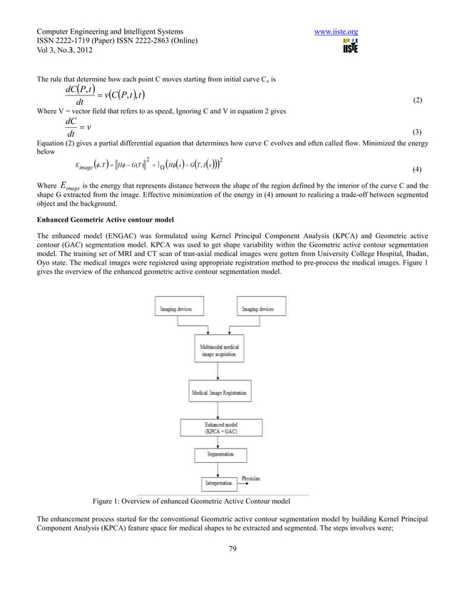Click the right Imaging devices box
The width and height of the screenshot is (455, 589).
point(257,309)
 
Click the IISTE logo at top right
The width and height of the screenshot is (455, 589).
point(349,47)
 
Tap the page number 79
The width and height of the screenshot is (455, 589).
point(227,548)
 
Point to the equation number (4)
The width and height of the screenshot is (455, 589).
point(418,170)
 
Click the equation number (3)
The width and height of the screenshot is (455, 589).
point(418,133)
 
